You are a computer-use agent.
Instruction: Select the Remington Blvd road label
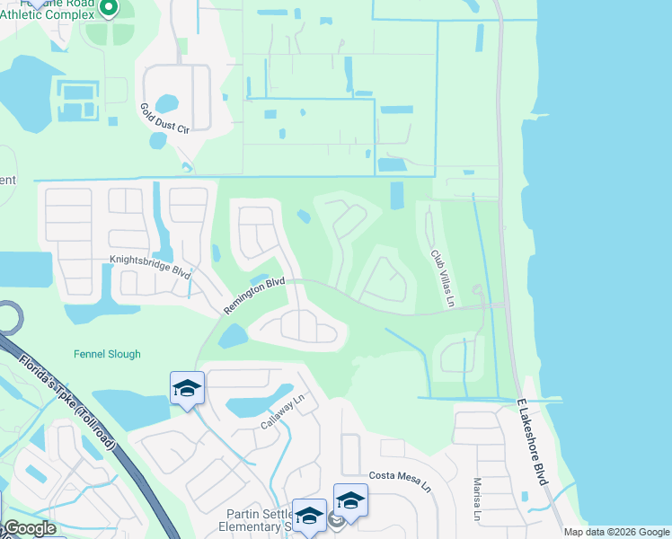[254, 296]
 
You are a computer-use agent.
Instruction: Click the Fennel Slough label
[107, 354]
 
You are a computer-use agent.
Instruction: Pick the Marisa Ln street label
[477, 499]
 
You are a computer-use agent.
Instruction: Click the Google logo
[30, 529]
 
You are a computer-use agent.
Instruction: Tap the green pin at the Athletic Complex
[109, 9]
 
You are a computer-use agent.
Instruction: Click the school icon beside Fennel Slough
[188, 389]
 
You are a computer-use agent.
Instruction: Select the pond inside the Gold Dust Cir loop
[168, 103]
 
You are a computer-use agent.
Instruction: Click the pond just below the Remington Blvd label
[232, 336]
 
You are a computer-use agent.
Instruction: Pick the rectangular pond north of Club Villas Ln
[397, 194]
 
